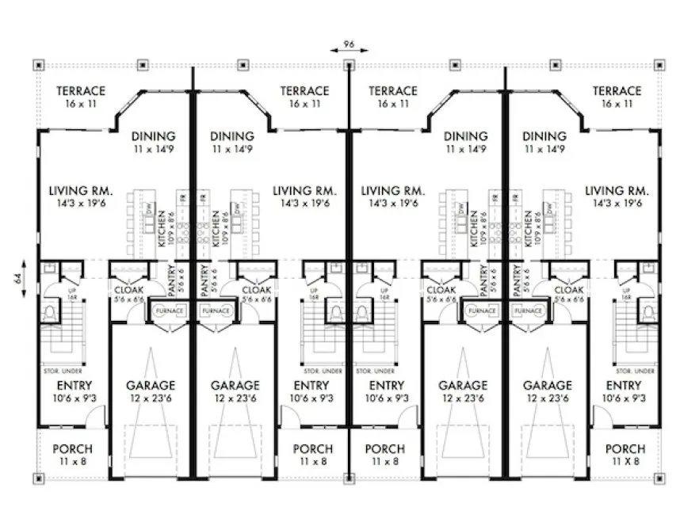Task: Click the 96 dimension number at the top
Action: pyautogui.click(x=348, y=44)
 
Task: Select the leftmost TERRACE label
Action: pyautogui.click(x=81, y=92)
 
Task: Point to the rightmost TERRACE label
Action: pyautogui.click(x=617, y=92)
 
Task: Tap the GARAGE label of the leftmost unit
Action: pyautogui.click(x=151, y=386)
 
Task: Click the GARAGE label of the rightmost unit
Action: pyautogui.click(x=547, y=386)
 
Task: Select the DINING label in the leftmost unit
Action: pyautogui.click(x=154, y=136)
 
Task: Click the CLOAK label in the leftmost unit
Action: pyautogui.click(x=128, y=290)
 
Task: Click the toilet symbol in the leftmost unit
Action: pyautogui.click(x=49, y=313)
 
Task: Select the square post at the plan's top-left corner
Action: pyautogui.click(x=39, y=63)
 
